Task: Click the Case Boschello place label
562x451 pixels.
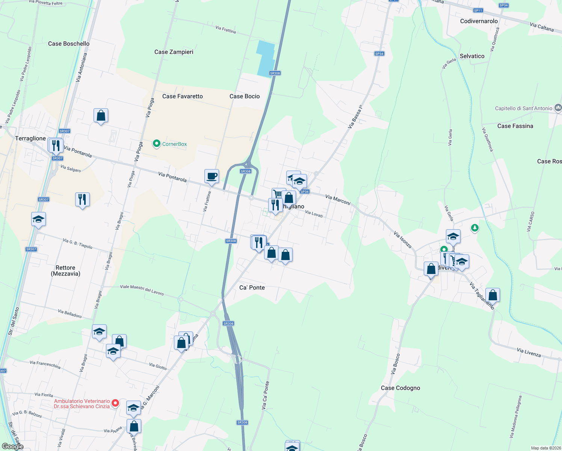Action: tap(69, 44)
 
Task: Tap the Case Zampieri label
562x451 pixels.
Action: tap(174, 52)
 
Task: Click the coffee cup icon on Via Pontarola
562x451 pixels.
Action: tap(212, 176)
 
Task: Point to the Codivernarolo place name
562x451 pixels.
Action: tap(479, 21)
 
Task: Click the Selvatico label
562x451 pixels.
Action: tap(472, 56)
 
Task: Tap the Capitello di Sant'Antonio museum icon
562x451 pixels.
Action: tap(558, 108)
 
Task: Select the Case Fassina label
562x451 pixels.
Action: tap(515, 126)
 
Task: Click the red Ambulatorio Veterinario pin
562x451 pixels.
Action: tap(116, 404)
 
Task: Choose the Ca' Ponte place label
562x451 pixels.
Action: tap(252, 288)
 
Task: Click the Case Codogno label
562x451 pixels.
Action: tap(400, 388)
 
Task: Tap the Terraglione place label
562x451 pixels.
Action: tap(30, 138)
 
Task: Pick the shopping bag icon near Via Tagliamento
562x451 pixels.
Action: tap(493, 295)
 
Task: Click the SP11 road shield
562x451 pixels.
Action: tap(478, 11)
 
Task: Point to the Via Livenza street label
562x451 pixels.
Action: tap(529, 353)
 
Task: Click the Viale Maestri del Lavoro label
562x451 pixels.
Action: tap(142, 290)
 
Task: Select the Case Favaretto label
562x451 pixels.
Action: tap(183, 96)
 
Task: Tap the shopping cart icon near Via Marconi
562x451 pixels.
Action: tap(278, 194)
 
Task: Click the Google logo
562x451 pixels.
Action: tap(12, 446)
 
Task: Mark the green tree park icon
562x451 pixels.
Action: tap(475, 228)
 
